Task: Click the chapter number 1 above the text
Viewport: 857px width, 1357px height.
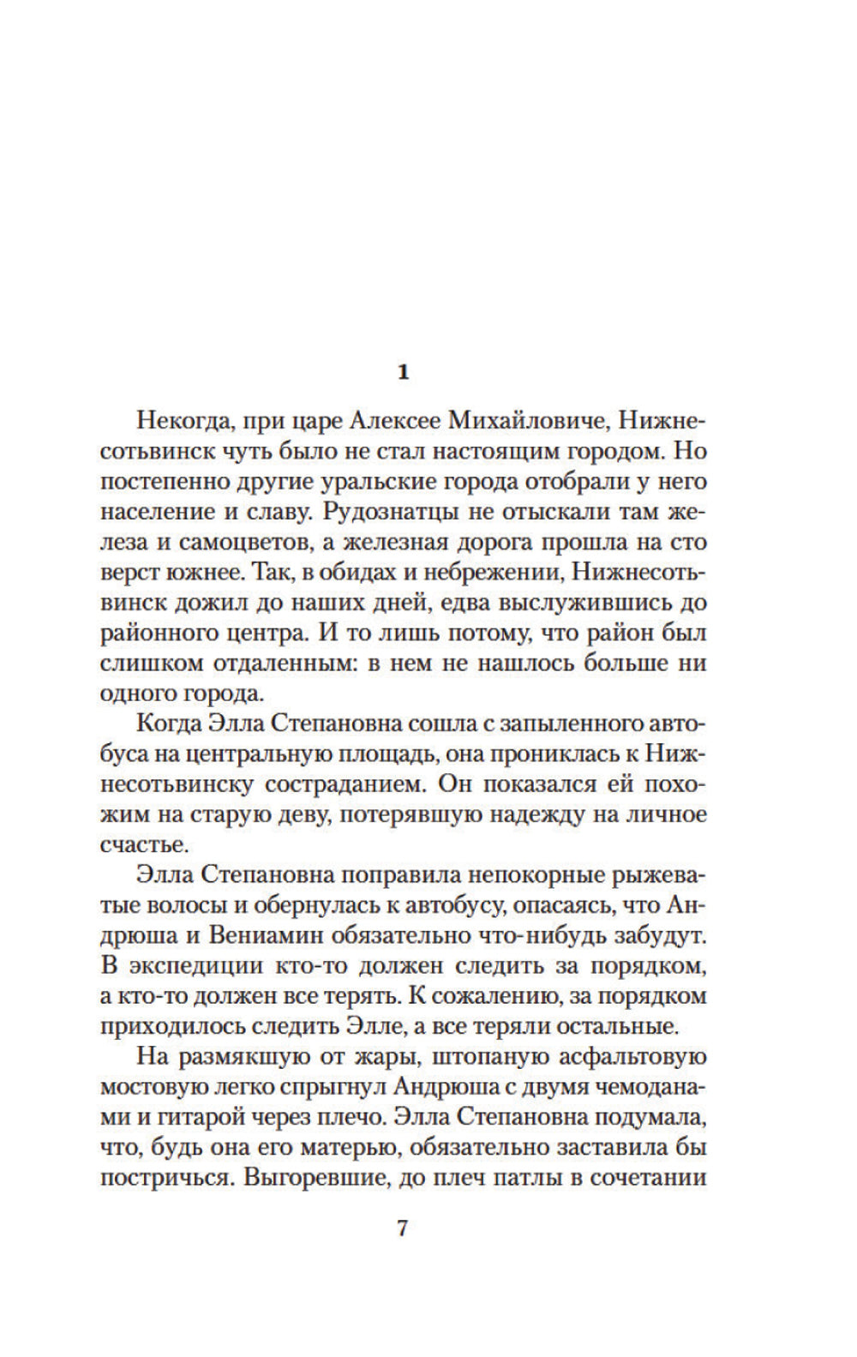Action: click(x=405, y=373)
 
